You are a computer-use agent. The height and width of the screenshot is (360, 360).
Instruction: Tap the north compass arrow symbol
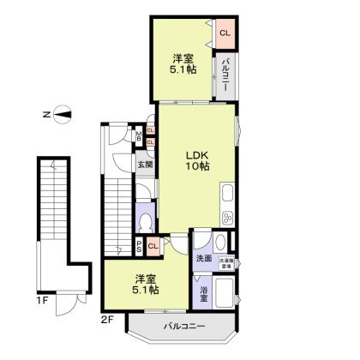tap(61, 112)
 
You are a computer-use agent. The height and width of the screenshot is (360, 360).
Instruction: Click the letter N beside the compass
tap(44, 112)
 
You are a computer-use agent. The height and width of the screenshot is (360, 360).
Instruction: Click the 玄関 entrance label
tap(144, 165)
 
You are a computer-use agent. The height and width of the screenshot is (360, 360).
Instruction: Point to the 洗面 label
tap(204, 258)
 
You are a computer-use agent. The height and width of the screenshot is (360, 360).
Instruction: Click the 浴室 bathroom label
tap(204, 292)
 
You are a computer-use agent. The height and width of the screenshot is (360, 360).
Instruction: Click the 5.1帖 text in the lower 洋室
tap(146, 290)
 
